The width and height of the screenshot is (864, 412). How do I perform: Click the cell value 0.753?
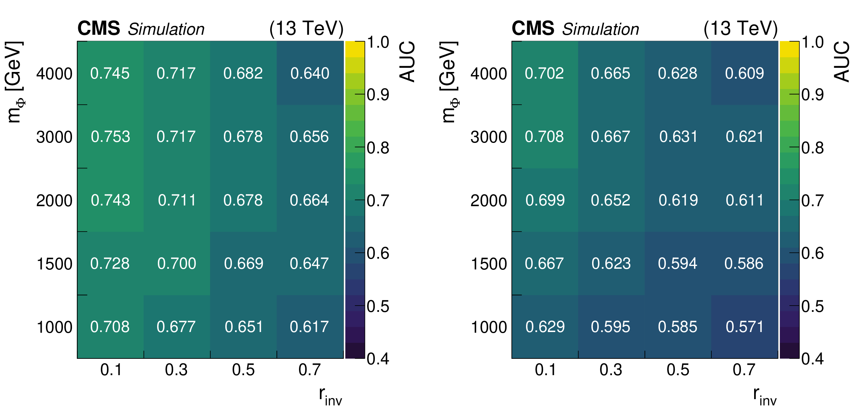point(110,137)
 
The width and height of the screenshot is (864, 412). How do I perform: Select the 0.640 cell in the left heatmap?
point(310,73)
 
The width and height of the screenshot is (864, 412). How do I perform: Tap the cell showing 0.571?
point(744,327)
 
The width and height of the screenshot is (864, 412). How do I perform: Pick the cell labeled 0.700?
point(177,264)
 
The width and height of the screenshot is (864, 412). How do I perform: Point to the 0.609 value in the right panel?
point(744,73)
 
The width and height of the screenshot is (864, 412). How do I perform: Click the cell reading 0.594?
point(677,264)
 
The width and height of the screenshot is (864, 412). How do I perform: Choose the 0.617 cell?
point(309,327)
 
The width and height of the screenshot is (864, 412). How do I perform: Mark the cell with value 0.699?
point(545,200)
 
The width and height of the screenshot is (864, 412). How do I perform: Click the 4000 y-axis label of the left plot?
point(54,74)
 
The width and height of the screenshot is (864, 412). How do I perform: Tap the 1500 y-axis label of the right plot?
point(488,264)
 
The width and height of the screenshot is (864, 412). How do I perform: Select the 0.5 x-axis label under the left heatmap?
point(243,370)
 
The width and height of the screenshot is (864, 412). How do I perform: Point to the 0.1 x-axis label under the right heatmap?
point(546,370)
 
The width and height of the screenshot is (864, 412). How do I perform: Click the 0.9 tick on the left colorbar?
point(378,95)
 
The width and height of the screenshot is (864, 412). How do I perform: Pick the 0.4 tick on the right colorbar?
point(813,358)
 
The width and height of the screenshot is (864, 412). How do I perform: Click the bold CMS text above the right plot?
point(533,28)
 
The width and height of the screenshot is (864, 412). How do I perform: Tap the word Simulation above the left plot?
point(166,29)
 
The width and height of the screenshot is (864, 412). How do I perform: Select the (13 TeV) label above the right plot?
point(741,29)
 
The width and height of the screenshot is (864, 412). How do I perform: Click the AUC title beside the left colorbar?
point(407,62)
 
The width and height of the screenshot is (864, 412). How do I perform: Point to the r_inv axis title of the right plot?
point(765,396)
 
